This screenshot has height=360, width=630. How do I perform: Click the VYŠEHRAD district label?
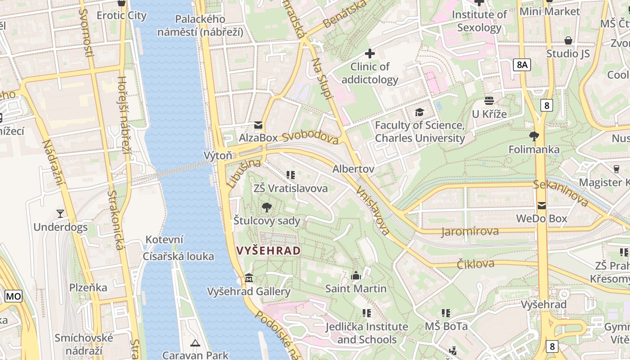[x=268, y=251]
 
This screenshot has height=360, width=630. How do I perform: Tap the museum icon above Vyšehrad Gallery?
[x=249, y=278]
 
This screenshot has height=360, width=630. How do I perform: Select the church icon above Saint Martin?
[x=356, y=275]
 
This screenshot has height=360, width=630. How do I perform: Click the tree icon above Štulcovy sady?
[x=266, y=207]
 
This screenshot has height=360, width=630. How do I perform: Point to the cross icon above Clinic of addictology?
[x=369, y=54]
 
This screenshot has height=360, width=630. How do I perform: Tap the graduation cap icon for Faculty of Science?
[x=419, y=112]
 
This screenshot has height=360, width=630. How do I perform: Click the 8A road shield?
[x=522, y=65]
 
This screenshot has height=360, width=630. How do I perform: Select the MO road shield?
[x=13, y=296]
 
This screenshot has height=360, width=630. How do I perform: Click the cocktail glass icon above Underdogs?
[x=60, y=213]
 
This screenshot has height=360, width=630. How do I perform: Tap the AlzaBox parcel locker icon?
[x=258, y=125]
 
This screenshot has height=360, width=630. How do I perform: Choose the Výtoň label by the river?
[x=218, y=156]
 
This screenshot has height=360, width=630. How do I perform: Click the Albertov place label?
[x=353, y=169]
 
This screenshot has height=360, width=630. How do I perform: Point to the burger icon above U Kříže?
[x=489, y=100]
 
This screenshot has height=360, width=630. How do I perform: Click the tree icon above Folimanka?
[x=534, y=136]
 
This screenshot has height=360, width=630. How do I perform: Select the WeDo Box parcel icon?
[x=541, y=205]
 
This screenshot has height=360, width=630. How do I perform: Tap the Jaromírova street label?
[x=470, y=232]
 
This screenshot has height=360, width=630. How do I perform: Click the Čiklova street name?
[x=476, y=264]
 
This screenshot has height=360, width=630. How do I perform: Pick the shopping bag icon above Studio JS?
[x=568, y=40]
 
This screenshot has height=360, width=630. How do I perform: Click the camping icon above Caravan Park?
[x=195, y=343]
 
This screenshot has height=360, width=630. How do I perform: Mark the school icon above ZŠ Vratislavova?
[x=290, y=175]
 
